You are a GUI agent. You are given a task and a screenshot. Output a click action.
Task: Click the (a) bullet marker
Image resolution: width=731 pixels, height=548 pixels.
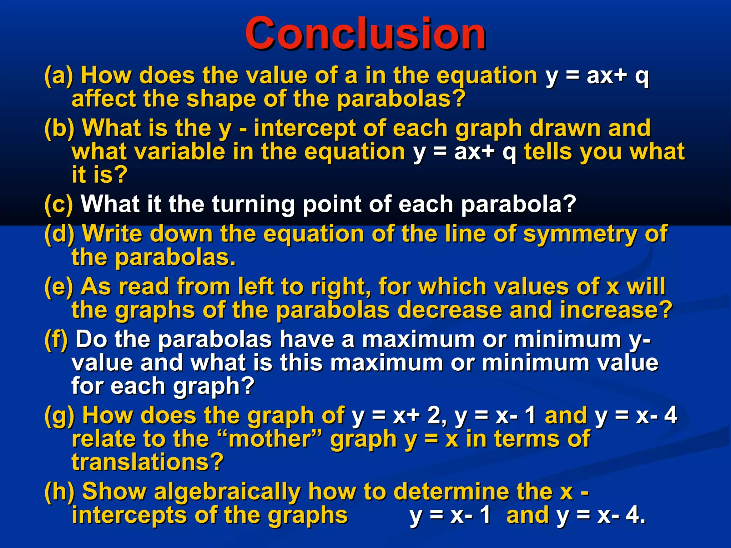tap(59, 76)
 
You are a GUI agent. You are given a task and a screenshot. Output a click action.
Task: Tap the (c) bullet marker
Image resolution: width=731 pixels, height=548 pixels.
tap(59, 204)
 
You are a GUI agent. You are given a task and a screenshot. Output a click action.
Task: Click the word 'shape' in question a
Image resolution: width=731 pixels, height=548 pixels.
tap(221, 99)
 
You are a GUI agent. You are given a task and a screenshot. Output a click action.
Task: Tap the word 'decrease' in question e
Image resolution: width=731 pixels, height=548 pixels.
tap(449, 310)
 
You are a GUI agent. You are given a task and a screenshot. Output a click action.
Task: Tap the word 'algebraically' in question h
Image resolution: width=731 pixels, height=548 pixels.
tap(227, 491)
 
